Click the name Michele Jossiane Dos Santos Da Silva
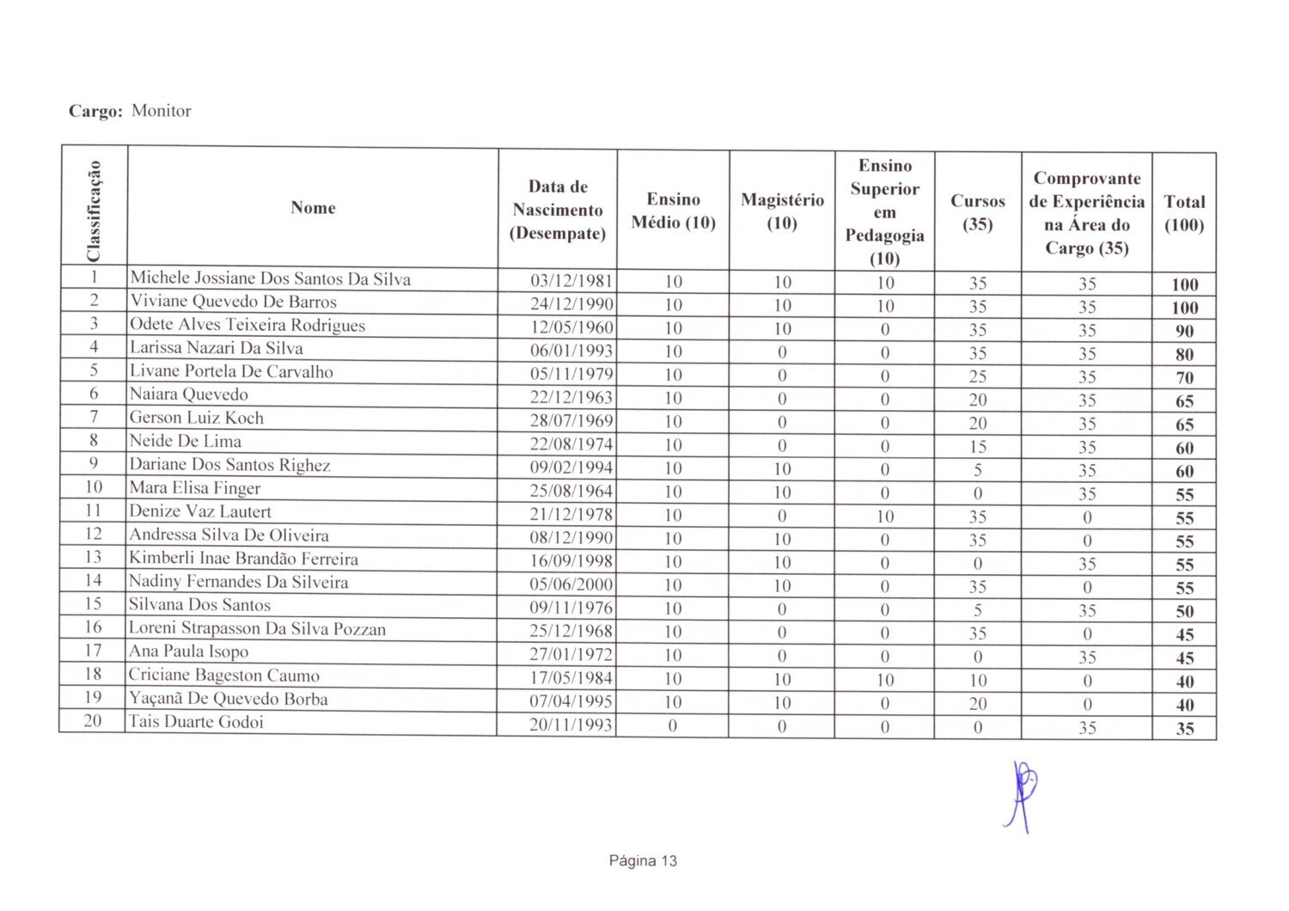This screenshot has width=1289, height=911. tap(270, 279)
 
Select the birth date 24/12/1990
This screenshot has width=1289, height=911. tap(571, 304)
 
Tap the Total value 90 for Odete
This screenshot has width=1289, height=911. tap(1184, 331)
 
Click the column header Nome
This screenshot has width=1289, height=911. tap(313, 208)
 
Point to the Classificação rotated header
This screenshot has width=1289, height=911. tap(94, 210)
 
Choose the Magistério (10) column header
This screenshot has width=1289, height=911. tap(782, 211)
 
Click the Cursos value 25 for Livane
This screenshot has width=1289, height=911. tap(978, 377)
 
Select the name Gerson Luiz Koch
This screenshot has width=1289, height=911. tap(196, 419)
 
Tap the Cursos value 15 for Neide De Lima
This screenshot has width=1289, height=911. tap(978, 447)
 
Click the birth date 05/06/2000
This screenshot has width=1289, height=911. tap(571, 585)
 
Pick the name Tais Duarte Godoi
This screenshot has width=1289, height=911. tap(196, 722)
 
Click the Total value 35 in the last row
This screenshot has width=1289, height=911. tap(1185, 729)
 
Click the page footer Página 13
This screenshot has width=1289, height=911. tap(643, 861)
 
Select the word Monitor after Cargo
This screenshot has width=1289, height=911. tap(162, 111)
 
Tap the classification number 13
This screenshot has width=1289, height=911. tap(93, 557)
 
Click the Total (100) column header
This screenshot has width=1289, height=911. tap(1184, 213)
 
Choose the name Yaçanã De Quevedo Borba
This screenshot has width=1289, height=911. tap(228, 699)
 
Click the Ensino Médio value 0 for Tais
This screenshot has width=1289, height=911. tap(673, 726)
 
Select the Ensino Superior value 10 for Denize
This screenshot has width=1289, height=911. tap(885, 517)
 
